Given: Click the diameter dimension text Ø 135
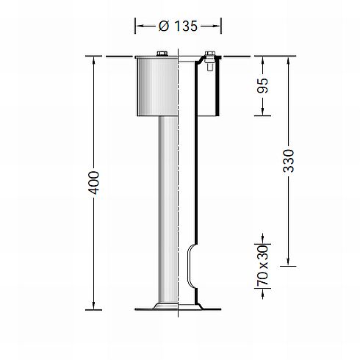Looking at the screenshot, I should (179, 26).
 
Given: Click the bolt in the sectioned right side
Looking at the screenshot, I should (209, 59).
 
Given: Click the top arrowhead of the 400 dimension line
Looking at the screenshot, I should (94, 59).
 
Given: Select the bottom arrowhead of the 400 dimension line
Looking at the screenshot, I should (94, 305).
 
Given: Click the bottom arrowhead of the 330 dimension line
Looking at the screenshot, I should (289, 262).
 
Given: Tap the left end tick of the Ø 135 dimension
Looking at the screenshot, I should (136, 26).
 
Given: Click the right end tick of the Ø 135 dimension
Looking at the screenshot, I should (221, 26).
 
